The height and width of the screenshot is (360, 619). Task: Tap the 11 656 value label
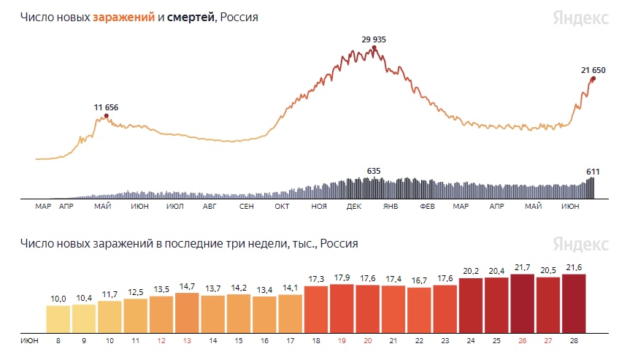[x=106, y=107]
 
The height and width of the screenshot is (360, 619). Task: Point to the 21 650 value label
[x=593, y=70]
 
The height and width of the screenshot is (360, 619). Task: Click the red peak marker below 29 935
[x=374, y=48]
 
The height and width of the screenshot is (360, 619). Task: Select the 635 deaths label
[x=373, y=171]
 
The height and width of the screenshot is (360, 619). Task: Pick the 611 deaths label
[x=593, y=172]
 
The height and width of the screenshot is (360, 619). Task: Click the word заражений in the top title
[x=123, y=17]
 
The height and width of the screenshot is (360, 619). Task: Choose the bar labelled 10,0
[x=58, y=317]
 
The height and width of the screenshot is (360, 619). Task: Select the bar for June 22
[x=419, y=309]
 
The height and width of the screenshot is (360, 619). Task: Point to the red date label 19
[x=342, y=340]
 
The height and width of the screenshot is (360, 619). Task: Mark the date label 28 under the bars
[x=573, y=340]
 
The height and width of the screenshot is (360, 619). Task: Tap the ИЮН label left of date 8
[x=29, y=340]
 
